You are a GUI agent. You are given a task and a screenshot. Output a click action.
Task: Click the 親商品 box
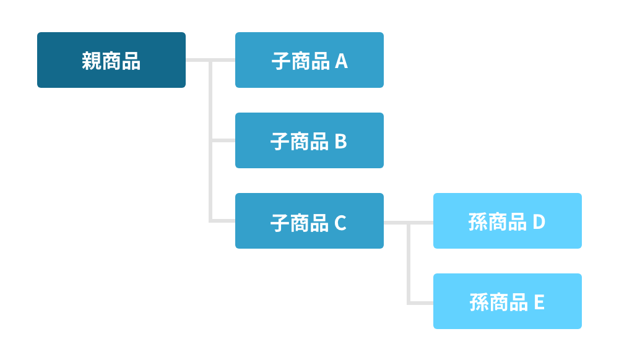pos(111,60)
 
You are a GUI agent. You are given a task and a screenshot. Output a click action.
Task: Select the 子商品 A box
pos(309,60)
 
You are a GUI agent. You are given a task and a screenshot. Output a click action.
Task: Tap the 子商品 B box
pos(309,140)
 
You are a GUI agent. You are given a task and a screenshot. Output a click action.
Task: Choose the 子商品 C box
pos(309,221)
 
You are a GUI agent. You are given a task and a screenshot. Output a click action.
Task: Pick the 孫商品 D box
pos(508,221)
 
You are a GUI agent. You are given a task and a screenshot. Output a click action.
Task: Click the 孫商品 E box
pos(508,301)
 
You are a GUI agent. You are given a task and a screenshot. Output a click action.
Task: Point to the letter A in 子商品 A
pos(341,61)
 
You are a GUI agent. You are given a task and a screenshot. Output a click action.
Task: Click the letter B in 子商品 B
pos(341,142)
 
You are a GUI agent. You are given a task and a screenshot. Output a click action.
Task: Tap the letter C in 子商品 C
pos(340,223)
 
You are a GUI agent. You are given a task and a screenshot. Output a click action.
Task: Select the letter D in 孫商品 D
pos(539,222)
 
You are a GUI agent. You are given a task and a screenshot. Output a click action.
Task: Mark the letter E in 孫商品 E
pos(539,302)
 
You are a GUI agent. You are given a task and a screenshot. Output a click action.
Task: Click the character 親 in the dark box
pos(92,61)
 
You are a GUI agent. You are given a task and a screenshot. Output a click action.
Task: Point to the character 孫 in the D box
pos(478,222)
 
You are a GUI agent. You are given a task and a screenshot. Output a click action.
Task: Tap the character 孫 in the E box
pos(479,302)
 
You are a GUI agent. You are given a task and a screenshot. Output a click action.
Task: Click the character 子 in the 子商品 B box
pos(280,142)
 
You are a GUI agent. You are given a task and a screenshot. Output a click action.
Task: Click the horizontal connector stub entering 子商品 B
pos(223,140)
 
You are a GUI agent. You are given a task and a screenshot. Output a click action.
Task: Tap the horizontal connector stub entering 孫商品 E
pos(421,302)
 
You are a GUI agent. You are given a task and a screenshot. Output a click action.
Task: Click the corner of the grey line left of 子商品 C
pos(211,220)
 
